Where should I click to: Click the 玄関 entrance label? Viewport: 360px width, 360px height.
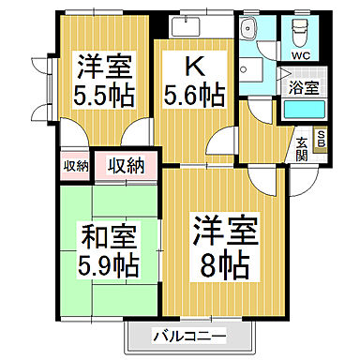click(302, 148)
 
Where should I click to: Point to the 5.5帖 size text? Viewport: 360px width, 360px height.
click(103, 95)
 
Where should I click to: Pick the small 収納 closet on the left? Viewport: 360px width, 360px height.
click(77, 166)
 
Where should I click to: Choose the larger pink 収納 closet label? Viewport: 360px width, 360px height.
click(124, 166)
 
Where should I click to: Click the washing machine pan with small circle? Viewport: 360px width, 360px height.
click(250, 70)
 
